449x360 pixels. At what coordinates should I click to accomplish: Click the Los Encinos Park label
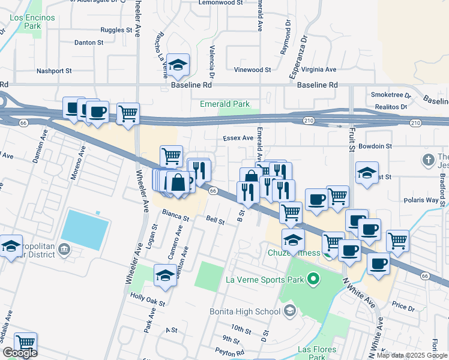[32, 22]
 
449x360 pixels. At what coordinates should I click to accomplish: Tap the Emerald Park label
[224, 104]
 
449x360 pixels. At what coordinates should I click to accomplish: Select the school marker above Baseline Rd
[178, 65]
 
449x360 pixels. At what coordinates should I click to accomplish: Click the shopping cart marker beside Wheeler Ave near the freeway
[127, 113]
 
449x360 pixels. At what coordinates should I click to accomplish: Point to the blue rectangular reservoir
[85, 230]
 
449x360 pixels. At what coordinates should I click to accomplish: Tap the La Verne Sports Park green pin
[312, 279]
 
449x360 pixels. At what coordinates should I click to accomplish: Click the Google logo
[20, 353]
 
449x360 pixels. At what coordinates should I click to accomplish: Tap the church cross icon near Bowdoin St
[427, 160]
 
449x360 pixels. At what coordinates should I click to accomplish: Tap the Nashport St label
[54, 70]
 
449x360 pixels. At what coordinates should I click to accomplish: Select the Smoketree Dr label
[391, 95]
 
